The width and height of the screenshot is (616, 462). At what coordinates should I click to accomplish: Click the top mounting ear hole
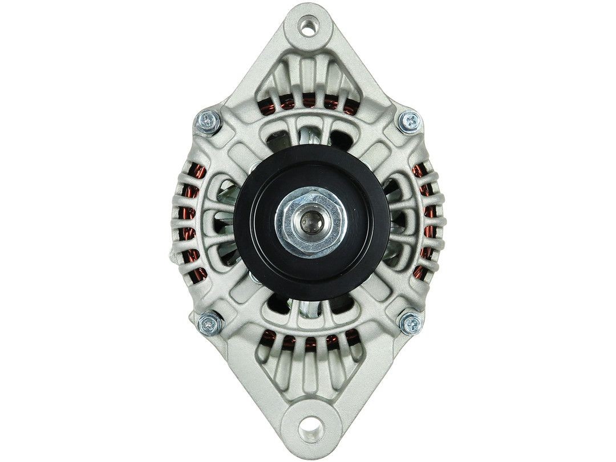pyautogui.click(x=308, y=27)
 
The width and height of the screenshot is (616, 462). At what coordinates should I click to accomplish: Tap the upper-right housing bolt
pyautogui.click(x=410, y=121)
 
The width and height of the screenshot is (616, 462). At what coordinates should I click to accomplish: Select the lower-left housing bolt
pyautogui.click(x=209, y=324)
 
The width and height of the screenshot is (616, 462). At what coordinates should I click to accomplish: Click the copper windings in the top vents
pyautogui.click(x=308, y=103)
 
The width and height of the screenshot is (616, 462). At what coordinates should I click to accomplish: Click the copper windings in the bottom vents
pyautogui.click(x=308, y=342)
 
